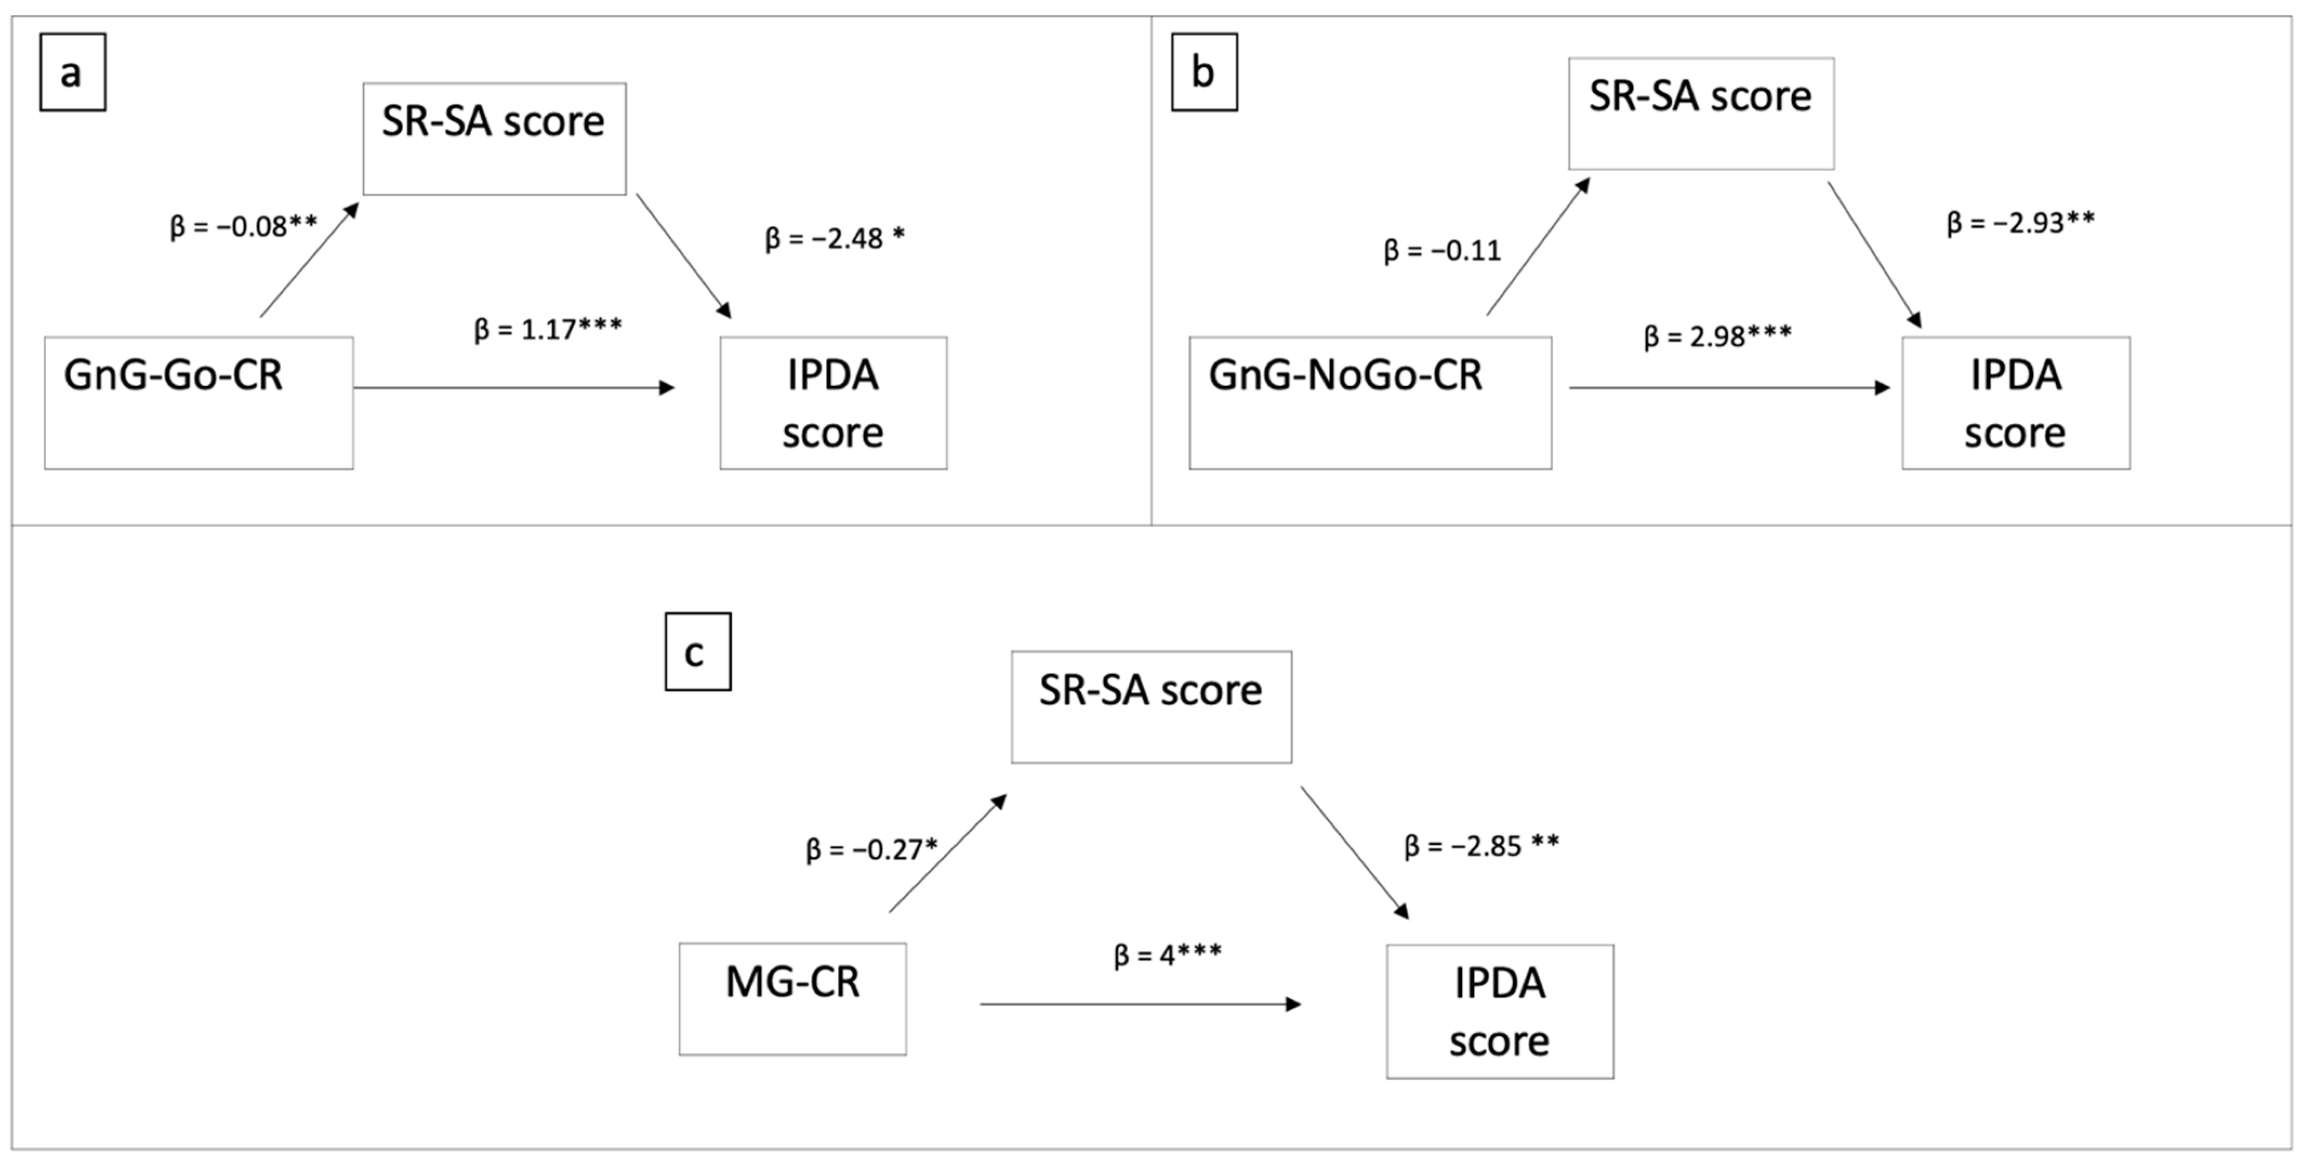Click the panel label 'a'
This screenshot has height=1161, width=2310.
point(72,73)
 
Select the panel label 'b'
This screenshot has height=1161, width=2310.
point(1204,73)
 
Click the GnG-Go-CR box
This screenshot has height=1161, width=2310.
point(199,403)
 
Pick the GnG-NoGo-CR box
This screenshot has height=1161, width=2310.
point(1370,403)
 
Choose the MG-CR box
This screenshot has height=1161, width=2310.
point(793,999)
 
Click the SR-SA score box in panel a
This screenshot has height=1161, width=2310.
point(494,139)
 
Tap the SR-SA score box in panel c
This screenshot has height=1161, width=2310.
point(1151,707)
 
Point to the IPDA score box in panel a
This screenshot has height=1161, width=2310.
point(833,403)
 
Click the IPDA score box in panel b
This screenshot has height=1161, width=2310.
point(2016,403)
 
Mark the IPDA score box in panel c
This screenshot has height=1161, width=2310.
point(1500,1011)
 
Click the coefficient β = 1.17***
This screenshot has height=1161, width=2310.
point(548,329)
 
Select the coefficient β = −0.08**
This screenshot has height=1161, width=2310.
point(244,226)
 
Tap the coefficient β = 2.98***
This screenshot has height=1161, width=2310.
point(1717,337)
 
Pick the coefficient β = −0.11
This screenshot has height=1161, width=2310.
point(1442,250)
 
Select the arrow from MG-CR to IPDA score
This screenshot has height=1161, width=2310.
point(1141,1004)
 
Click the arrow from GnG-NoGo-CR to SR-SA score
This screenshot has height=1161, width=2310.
point(1538,246)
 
